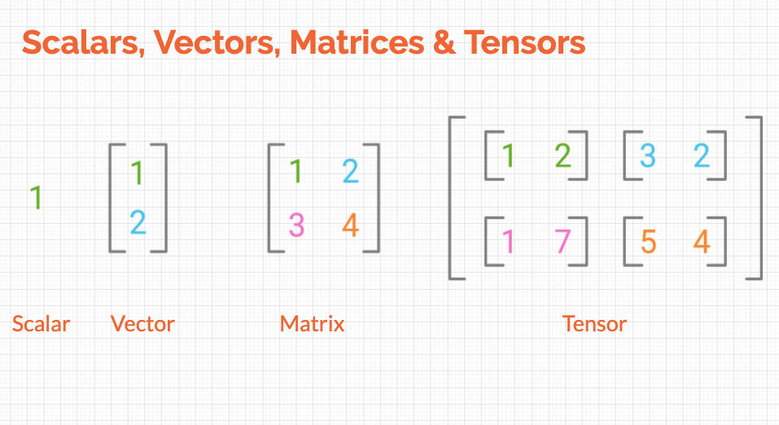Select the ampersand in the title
pyautogui.click(x=444, y=42)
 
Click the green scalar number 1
pyautogui.click(x=36, y=197)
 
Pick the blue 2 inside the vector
pyautogui.click(x=138, y=222)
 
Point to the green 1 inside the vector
pyautogui.click(x=137, y=173)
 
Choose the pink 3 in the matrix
pyautogui.click(x=295, y=224)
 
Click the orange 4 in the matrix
pyautogui.click(x=350, y=224)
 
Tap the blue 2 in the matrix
pyautogui.click(x=350, y=171)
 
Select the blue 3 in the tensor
pyautogui.click(x=647, y=155)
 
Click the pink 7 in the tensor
pyautogui.click(x=562, y=242)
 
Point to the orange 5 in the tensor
pyautogui.click(x=648, y=242)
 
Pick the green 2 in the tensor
pyautogui.click(x=562, y=155)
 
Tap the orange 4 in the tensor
pyautogui.click(x=702, y=242)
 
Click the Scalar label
pyautogui.click(x=41, y=324)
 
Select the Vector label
pyautogui.click(x=142, y=324)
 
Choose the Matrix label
pyautogui.click(x=312, y=324)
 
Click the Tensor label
pyautogui.click(x=594, y=324)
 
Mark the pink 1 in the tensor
pyautogui.click(x=509, y=242)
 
